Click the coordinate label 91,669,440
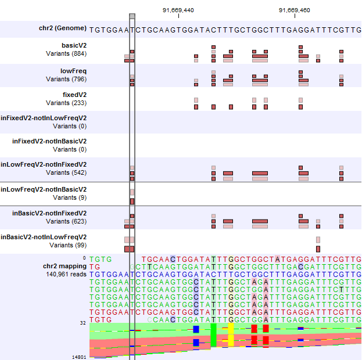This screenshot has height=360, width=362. pyautogui.click(x=178, y=10)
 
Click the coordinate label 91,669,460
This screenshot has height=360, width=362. pyautogui.click(x=295, y=10)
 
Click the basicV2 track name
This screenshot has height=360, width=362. pyautogui.click(x=74, y=45)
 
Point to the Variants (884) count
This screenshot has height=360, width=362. pyautogui.click(x=66, y=53)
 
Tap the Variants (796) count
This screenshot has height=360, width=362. pyautogui.click(x=66, y=80)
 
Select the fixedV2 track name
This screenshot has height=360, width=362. pyautogui.click(x=74, y=95)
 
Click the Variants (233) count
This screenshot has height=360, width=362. pyautogui.click(x=66, y=103)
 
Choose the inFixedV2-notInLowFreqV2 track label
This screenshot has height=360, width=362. pyautogui.click(x=44, y=118)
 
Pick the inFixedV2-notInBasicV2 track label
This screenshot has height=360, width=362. pyautogui.click(x=49, y=141)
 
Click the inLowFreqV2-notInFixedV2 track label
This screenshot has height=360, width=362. pyautogui.click(x=44, y=164)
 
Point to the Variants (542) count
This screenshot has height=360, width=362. pyautogui.click(x=66, y=172)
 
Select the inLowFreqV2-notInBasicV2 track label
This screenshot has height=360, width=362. pyautogui.click(x=44, y=189)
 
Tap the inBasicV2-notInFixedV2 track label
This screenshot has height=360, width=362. pyautogui.click(x=49, y=213)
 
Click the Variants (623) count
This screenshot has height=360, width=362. pyautogui.click(x=66, y=221)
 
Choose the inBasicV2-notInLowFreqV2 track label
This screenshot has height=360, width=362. pyautogui.click(x=44, y=237)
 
